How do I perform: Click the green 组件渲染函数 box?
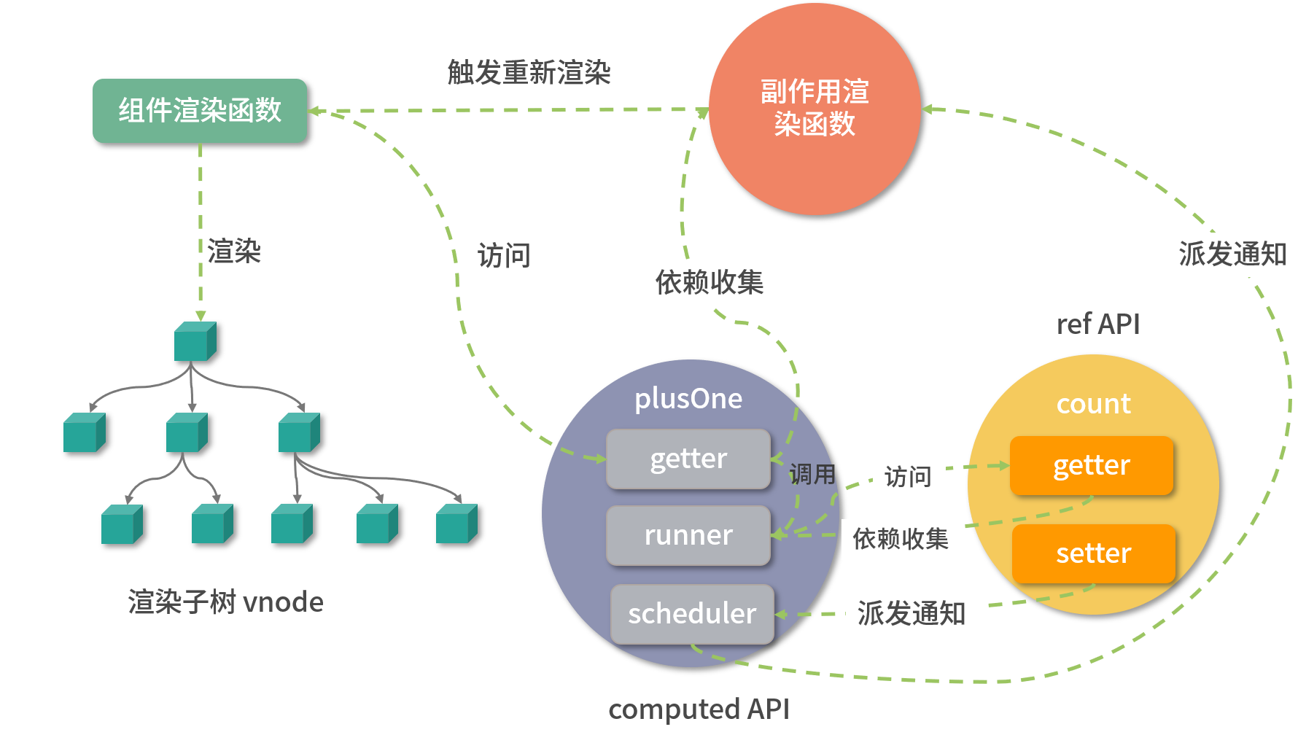(199, 111)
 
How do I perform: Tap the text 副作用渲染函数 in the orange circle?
(815, 108)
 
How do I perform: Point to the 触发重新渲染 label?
(529, 72)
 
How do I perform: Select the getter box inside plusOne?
(688, 459)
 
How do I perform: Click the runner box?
(688, 535)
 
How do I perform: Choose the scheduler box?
(692, 614)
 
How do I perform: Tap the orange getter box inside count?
(1092, 465)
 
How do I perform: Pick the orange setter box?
(1093, 553)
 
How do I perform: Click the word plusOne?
(688, 399)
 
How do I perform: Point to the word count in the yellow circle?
(1093, 404)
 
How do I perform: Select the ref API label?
(1098, 324)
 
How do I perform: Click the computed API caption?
(699, 709)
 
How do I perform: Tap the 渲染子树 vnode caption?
(225, 602)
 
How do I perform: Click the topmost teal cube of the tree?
(195, 341)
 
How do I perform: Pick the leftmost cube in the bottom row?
(121, 524)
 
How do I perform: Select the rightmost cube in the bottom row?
(456, 524)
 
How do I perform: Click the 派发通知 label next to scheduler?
(912, 614)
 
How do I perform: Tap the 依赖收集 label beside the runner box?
(902, 539)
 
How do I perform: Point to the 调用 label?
(812, 475)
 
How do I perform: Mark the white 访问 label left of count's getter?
(909, 477)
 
